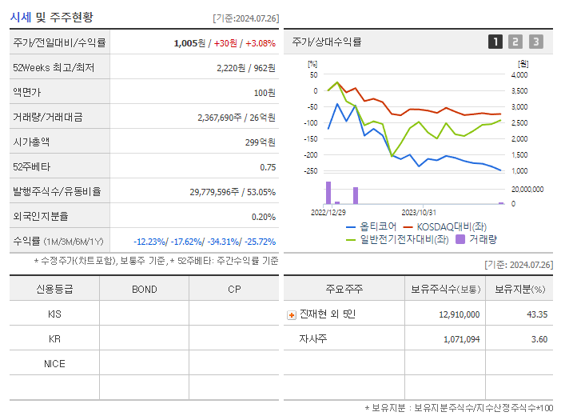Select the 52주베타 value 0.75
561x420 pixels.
(268, 166)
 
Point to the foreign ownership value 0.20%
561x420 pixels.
(263, 216)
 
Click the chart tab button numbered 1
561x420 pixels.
(495, 42)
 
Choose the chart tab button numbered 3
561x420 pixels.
(535, 42)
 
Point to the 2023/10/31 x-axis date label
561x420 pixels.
(419, 212)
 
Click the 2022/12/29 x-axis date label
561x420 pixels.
(328, 212)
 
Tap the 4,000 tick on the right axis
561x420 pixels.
(519, 74)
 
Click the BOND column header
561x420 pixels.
(144, 289)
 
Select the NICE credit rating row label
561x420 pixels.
(54, 363)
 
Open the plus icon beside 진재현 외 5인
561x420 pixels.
(291, 314)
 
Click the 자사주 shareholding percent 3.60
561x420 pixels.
(539, 339)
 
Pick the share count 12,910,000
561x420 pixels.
(459, 314)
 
